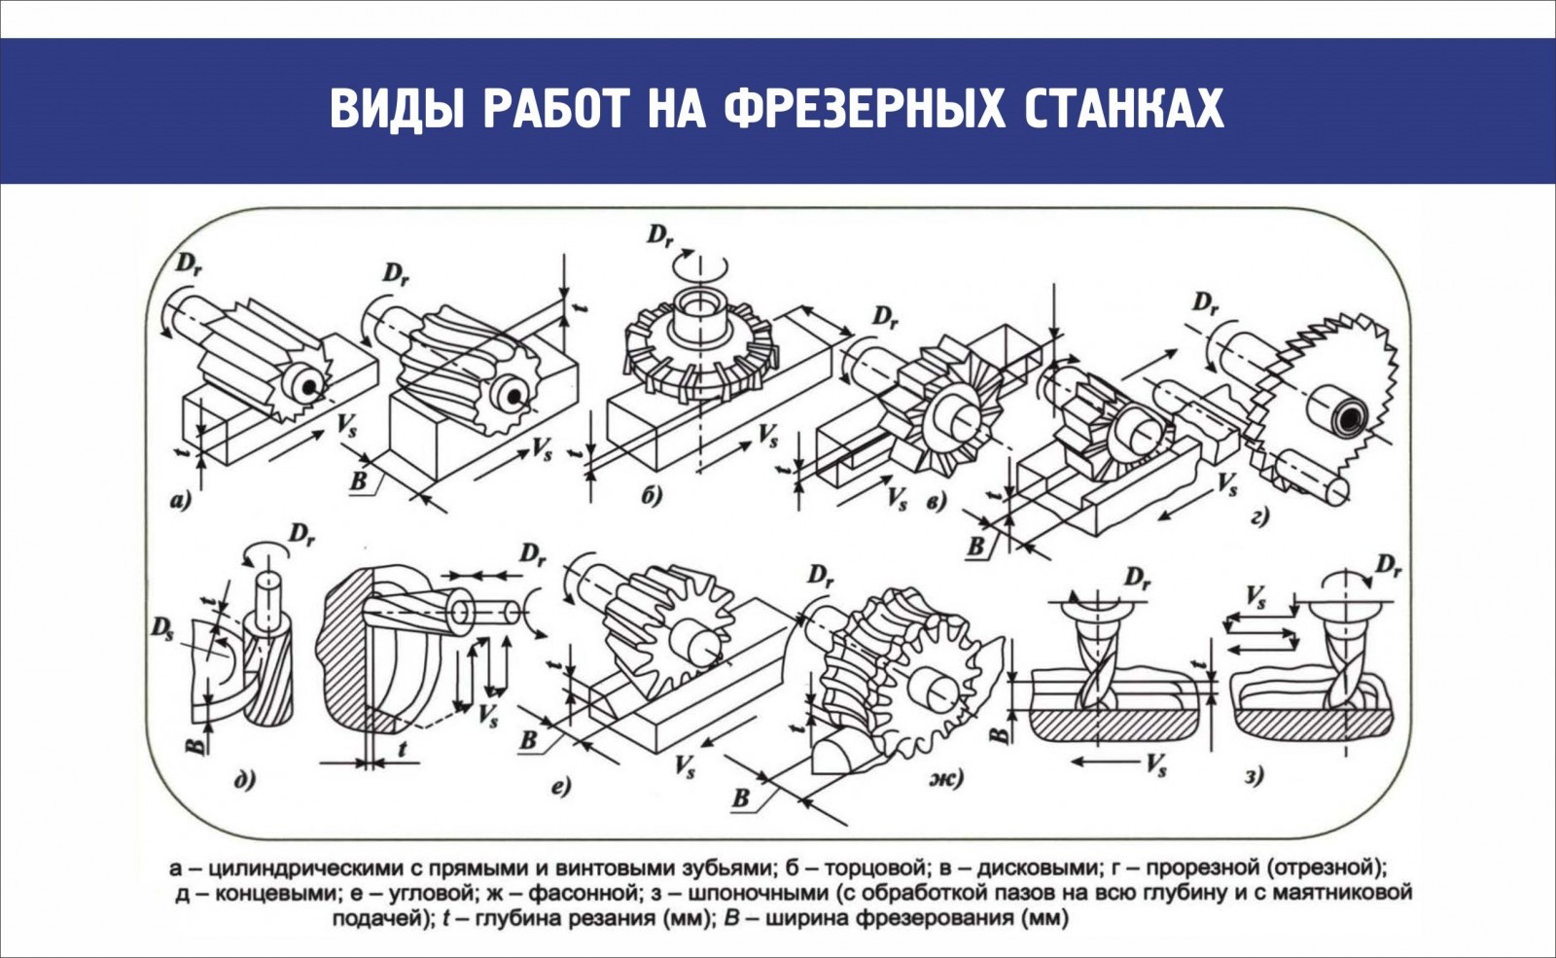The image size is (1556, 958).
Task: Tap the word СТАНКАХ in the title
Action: point(1125,108)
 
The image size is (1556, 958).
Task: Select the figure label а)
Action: point(181,502)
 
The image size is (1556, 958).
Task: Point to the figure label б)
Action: point(652,497)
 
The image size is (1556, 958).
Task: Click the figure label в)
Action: point(937,503)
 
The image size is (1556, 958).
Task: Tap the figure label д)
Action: point(244,777)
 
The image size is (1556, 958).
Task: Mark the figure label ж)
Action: point(944,778)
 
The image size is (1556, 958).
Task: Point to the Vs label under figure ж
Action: point(1154,764)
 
